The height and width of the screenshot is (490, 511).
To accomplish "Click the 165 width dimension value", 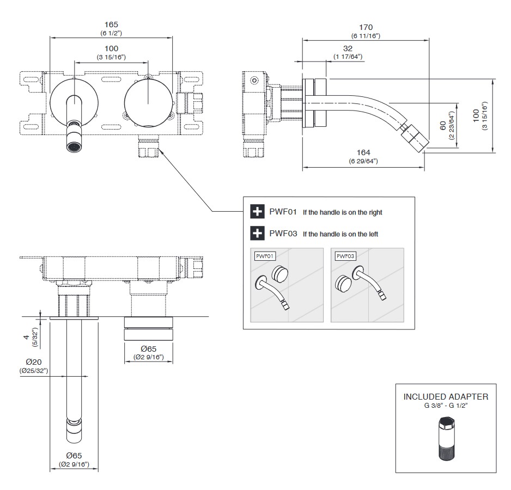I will pos(111,24).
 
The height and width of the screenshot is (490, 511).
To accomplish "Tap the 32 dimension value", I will pos(348,48).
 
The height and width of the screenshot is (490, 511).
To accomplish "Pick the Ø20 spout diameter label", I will pos(34,363).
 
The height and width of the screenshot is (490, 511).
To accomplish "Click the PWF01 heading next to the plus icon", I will pos(283,212).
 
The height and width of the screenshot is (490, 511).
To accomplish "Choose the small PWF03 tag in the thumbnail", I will pos(344,255).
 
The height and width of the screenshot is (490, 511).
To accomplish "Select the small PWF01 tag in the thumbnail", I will pos(264,255).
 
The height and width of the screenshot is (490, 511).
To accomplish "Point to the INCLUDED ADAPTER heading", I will pos(446,396).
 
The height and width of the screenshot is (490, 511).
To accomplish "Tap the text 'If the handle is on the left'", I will pos(340,234).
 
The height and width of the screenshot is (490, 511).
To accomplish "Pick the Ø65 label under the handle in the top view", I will pos(149,348).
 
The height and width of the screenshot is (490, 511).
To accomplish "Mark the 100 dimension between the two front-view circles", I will pos(111,49).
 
